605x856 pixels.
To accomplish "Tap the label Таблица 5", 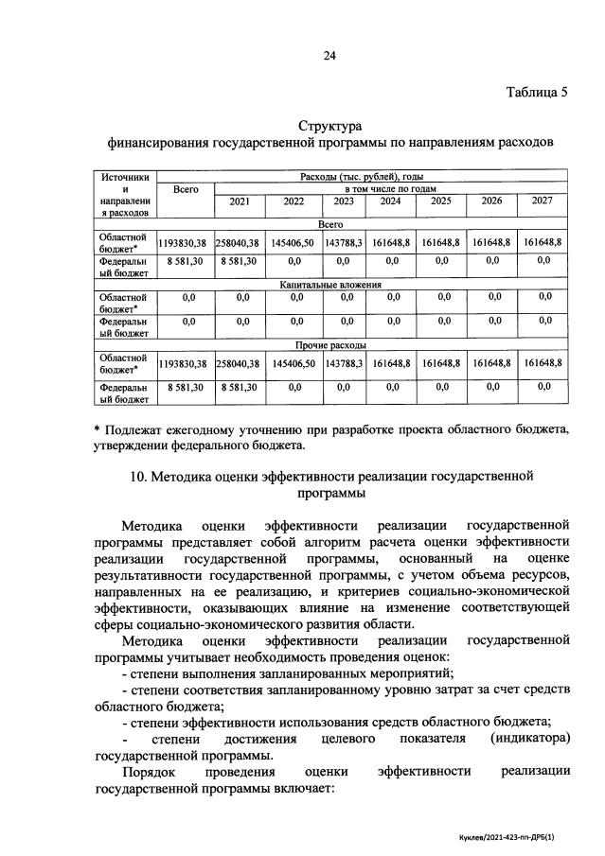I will (x=537, y=92).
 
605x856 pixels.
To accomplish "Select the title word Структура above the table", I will (x=330, y=126).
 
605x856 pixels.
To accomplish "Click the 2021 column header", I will (x=240, y=201).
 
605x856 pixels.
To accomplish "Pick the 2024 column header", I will (x=390, y=201).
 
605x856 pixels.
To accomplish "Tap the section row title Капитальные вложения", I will (x=330, y=283).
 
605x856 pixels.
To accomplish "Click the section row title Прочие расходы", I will (x=330, y=345).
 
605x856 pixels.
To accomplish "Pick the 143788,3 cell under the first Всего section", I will (x=344, y=243).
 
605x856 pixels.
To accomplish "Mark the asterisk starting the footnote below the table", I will (x=98, y=429).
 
